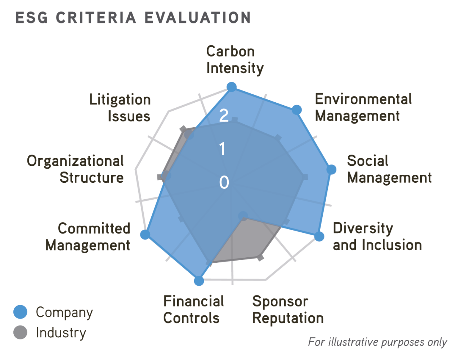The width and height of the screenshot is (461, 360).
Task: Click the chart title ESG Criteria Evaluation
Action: pos(133,18)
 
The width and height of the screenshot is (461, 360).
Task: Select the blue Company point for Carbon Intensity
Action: pos(232,87)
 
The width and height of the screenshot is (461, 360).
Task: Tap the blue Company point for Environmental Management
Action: pos(296,110)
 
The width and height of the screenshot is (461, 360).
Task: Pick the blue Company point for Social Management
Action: pos(331,169)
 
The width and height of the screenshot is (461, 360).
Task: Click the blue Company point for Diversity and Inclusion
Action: pos(319,236)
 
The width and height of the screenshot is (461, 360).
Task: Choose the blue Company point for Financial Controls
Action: pos(199,281)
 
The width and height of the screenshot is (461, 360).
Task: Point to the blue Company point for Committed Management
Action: pos(145,235)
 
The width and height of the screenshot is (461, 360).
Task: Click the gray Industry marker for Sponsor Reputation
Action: pos(260,257)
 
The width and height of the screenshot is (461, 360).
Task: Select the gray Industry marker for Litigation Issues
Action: pos(183,129)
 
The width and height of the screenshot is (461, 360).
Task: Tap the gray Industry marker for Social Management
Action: pos(305,177)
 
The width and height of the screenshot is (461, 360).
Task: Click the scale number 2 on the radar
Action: pos(224,115)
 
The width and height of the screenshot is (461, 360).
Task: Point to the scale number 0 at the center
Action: pos(224,182)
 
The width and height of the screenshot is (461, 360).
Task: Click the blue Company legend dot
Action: pos(20,312)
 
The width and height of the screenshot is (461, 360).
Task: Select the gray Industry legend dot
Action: pos(20,332)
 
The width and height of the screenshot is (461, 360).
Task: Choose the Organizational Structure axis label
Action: pos(76,169)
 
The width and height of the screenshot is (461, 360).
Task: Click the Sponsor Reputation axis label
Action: pos(287,310)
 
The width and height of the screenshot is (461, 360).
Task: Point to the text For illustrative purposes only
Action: pos(377,342)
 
